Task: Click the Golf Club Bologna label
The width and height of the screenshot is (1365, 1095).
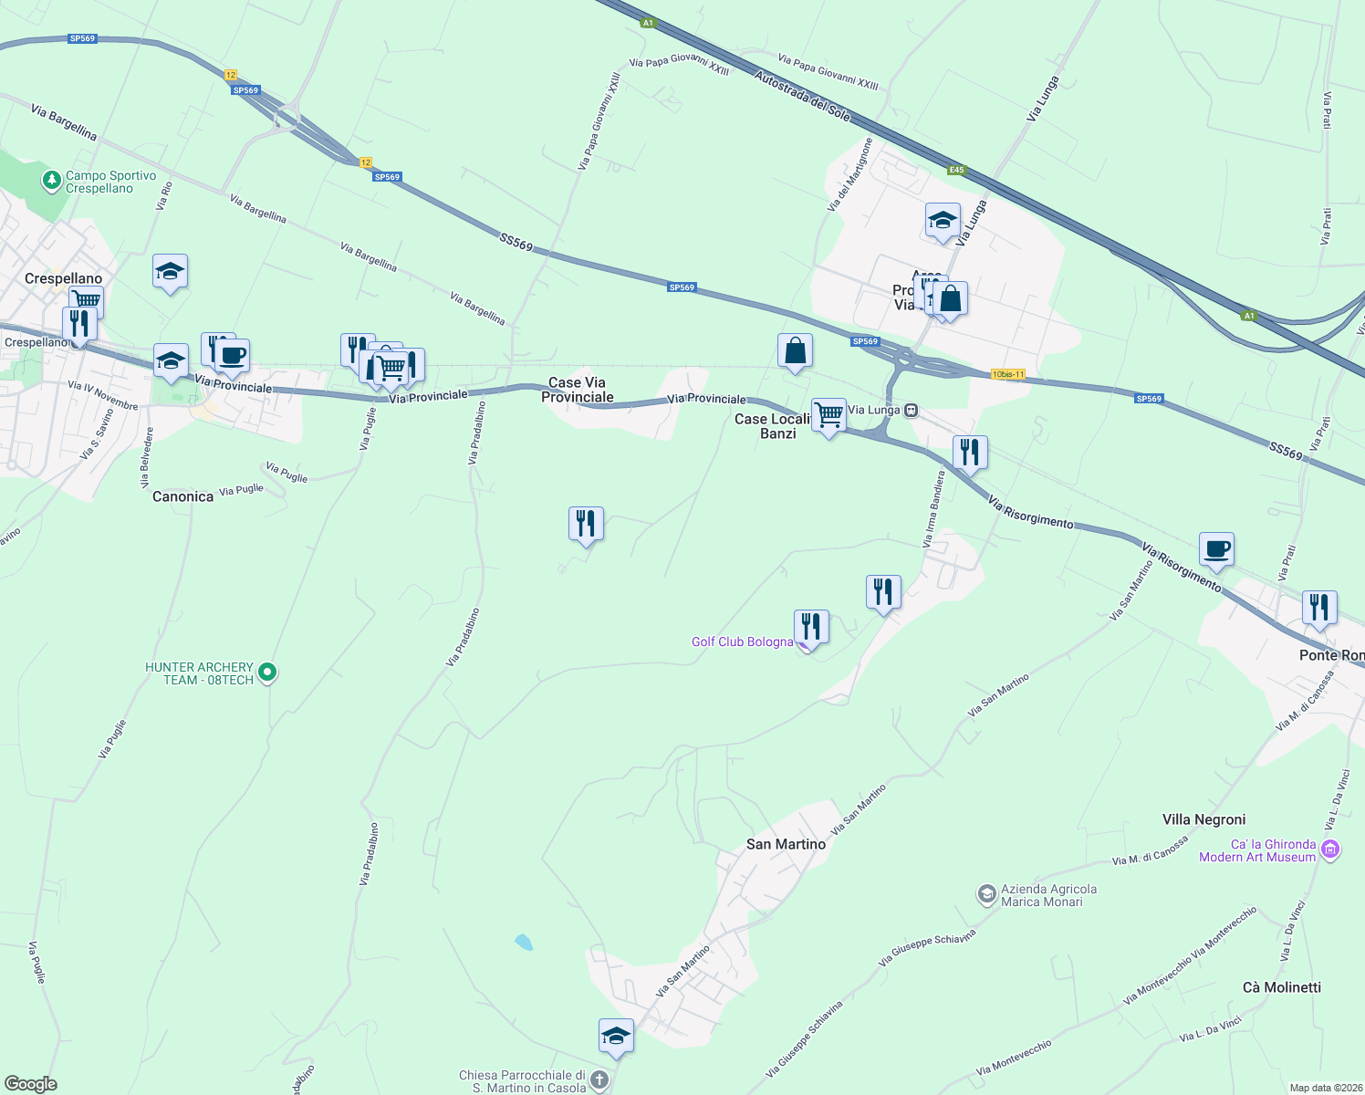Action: [x=742, y=641]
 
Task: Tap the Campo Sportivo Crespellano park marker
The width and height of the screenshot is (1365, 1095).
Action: [x=53, y=181]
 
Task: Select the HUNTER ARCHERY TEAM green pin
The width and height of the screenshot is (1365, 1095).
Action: [x=267, y=673]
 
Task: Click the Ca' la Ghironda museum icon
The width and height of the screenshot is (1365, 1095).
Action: [x=1330, y=850]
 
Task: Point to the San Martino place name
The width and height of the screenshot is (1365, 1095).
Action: [x=786, y=844]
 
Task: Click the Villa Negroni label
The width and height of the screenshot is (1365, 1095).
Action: [x=1203, y=819]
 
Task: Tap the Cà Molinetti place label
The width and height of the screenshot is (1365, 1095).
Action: [x=1281, y=987]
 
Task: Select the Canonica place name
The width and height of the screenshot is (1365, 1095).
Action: [x=182, y=496]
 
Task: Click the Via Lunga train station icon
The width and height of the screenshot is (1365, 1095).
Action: [x=911, y=410]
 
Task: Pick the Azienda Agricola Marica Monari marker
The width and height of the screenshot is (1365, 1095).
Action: [x=986, y=894]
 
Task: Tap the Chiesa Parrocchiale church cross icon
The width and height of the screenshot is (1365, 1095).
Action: [x=599, y=1080]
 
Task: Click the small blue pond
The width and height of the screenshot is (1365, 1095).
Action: [x=523, y=943]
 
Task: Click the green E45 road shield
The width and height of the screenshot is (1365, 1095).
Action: [x=955, y=170]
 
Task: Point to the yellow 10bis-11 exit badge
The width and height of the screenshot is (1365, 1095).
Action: [x=1008, y=374]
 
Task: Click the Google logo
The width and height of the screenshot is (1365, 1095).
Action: [x=31, y=1083]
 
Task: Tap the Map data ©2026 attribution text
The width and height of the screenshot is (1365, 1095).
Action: [x=1324, y=1088]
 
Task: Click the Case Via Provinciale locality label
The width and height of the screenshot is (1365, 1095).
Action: [x=577, y=390]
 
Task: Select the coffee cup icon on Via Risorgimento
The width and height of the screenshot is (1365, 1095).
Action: [x=1216, y=549]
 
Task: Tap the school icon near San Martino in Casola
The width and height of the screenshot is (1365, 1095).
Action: [x=616, y=1036]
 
